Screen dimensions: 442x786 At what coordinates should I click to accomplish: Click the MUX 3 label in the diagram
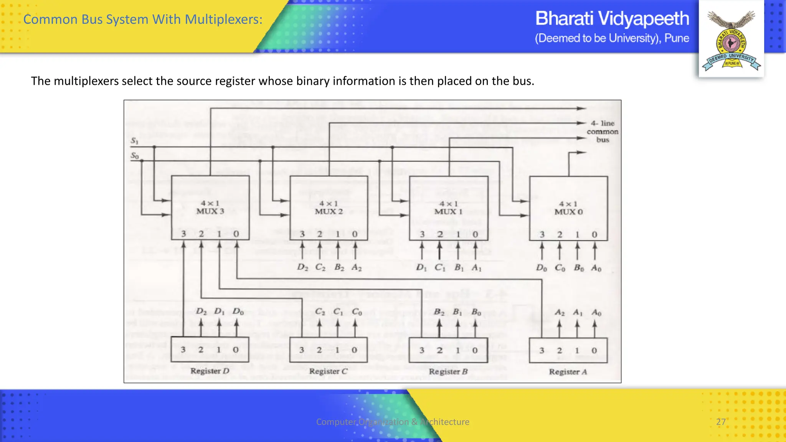point(210,211)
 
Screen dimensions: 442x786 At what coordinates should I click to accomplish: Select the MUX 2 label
point(329,211)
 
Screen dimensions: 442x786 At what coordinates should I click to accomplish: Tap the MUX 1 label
point(448,211)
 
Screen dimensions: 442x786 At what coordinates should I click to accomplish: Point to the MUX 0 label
point(568,211)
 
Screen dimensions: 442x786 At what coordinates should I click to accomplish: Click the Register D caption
point(210,371)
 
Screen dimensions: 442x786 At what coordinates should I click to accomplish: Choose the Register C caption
point(328,371)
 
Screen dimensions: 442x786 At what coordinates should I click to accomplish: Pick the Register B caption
point(448,371)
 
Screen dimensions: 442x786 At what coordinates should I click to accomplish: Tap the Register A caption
point(568,372)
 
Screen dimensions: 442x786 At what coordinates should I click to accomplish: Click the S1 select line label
point(134,141)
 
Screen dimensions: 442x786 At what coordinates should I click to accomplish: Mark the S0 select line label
point(134,155)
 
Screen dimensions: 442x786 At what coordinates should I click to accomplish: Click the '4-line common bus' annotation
point(602,132)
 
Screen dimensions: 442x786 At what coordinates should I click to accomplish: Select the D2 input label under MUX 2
point(302,267)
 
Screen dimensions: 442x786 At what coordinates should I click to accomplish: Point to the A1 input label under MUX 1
point(476,267)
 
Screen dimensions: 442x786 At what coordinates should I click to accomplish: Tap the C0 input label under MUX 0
point(560,268)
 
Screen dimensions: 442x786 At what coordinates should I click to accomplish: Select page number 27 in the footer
point(721,422)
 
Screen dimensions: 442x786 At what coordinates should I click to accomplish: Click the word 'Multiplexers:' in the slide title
point(224,19)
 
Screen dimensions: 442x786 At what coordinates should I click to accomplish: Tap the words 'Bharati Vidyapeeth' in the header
point(612,18)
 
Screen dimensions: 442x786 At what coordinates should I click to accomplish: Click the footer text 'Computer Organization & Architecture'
point(393,422)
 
